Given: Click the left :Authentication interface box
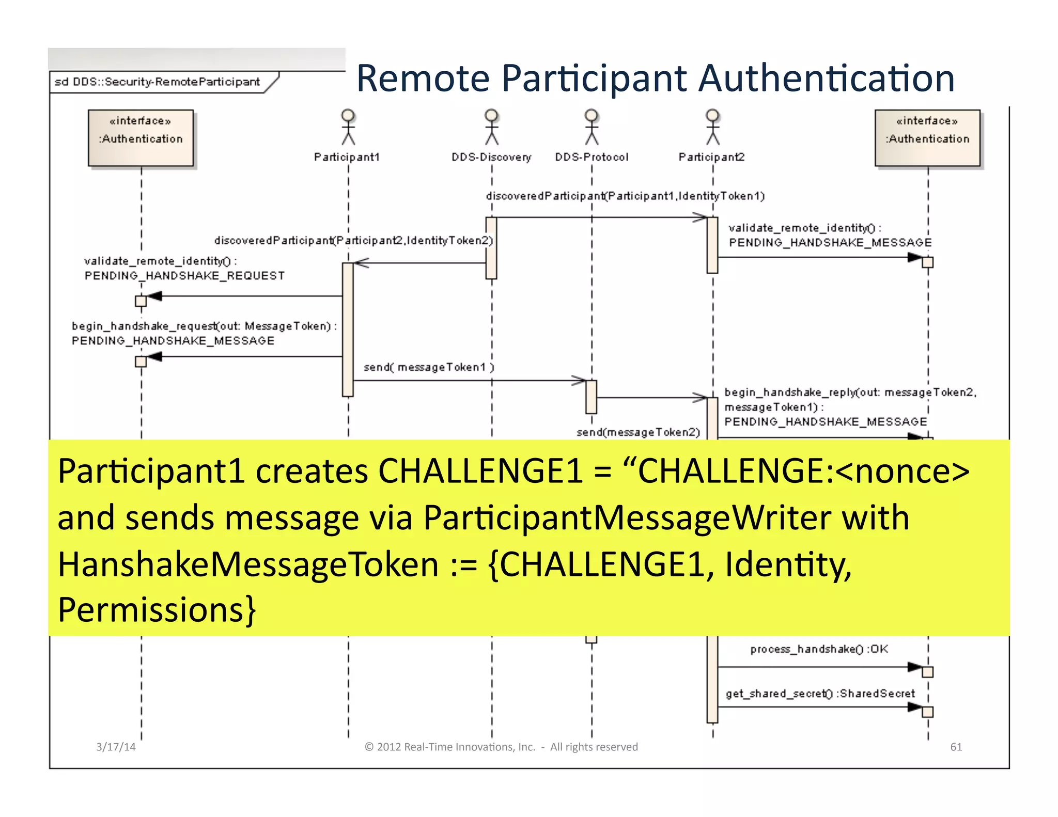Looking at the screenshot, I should [x=141, y=138].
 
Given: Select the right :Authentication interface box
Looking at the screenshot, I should [x=927, y=138].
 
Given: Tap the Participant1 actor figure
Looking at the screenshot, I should [x=348, y=127].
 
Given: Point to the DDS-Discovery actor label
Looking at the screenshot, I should [x=491, y=157].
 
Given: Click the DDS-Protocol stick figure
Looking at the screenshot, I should [x=592, y=127].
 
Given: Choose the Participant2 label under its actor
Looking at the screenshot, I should [x=711, y=157].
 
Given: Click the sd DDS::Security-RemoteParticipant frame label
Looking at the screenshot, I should [x=157, y=82].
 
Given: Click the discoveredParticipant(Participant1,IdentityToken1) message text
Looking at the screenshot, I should [x=625, y=196].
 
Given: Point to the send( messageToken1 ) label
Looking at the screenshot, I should [x=429, y=367].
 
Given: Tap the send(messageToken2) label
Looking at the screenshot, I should [x=638, y=432].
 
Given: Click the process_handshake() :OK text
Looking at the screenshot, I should [x=819, y=649].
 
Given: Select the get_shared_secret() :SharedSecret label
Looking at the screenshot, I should [x=820, y=694].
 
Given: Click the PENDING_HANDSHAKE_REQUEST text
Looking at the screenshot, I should [x=184, y=276].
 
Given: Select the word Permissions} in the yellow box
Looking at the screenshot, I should [x=157, y=610].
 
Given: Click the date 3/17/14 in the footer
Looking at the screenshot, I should [x=116, y=747].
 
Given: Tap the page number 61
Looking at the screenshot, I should [x=956, y=747].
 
